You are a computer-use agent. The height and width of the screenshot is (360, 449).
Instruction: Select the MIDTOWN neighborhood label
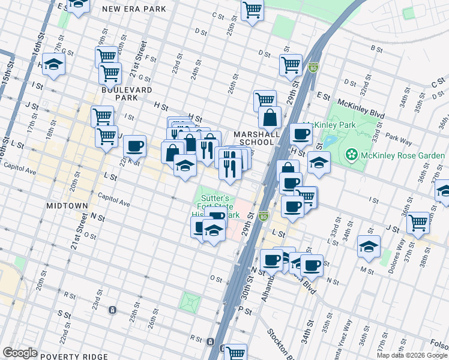coord(67,206)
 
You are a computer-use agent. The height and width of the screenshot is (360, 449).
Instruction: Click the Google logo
coord(20,353)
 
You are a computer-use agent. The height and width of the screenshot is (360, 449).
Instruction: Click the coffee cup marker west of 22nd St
coord(135,145)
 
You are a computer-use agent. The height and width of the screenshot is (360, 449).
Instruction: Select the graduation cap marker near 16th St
coord(54,65)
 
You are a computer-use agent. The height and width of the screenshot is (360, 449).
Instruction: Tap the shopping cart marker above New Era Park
coord(78,5)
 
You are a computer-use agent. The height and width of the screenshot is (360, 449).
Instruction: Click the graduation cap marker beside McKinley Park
coord(319,162)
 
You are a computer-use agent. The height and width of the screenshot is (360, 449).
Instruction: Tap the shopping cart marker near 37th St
coord(418,223)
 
